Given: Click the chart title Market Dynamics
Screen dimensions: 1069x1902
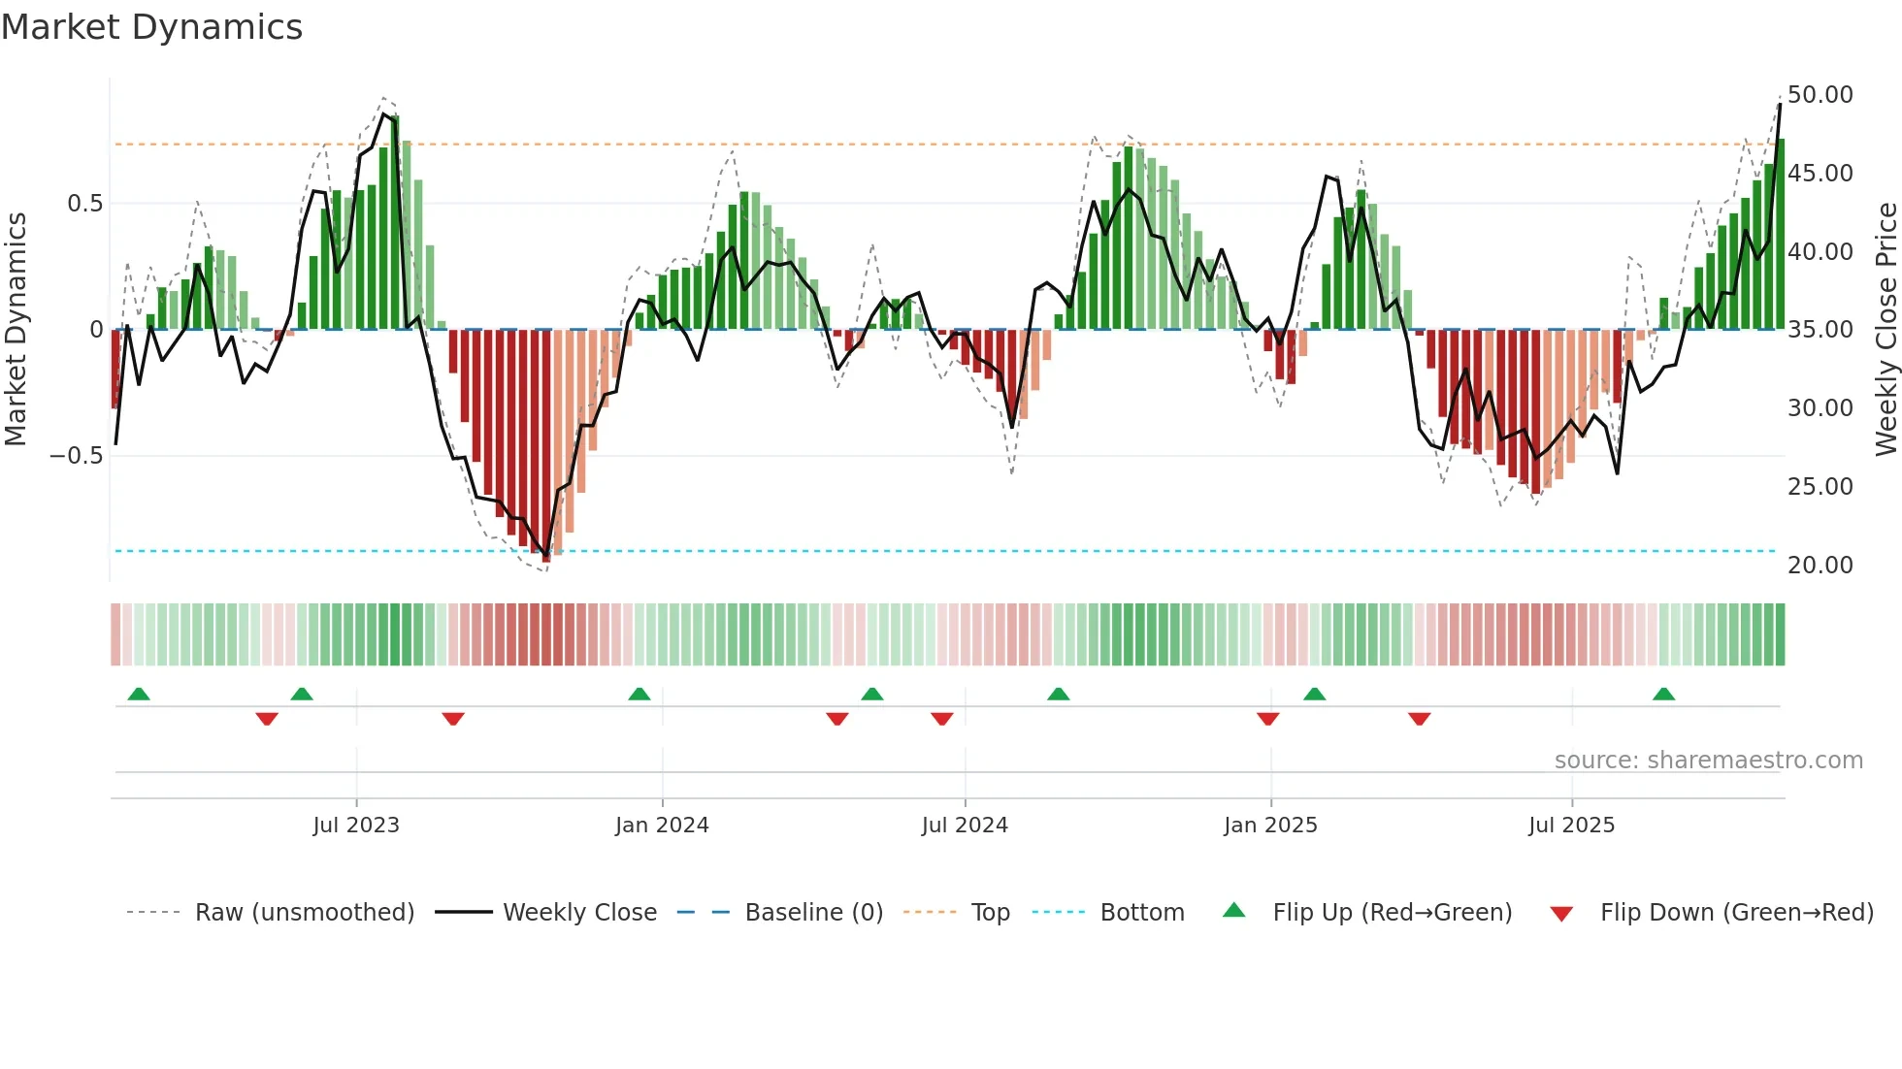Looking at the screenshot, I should (x=151, y=27).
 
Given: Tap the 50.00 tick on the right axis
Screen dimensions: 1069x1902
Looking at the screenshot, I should (x=1820, y=95).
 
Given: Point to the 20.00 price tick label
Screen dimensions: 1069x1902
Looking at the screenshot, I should (x=1820, y=565).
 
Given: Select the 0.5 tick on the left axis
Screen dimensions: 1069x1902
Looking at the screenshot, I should (x=84, y=204).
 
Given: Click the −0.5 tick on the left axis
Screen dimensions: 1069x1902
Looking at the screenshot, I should (x=77, y=456).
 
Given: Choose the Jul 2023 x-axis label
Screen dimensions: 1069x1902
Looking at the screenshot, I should (x=356, y=826).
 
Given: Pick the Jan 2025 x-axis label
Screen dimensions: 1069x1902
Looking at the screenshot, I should (x=1270, y=826).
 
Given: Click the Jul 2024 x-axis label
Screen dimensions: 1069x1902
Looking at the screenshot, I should (x=965, y=826).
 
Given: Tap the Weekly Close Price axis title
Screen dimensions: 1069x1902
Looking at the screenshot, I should (x=1886, y=329).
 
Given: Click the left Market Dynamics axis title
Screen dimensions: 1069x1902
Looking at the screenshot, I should (x=16, y=329).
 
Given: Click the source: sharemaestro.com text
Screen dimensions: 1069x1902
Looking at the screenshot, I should (x=1708, y=761).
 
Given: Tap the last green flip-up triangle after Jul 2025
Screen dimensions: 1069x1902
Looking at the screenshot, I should (x=1663, y=694).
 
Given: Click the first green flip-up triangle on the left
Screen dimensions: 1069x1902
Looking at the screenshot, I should (x=139, y=694).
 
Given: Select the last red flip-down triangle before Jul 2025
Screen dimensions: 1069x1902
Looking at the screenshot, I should (x=1419, y=719).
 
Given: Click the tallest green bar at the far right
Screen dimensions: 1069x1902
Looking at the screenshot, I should (x=1781, y=233).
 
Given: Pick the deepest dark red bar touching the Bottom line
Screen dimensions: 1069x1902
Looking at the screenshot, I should (x=546, y=446).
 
